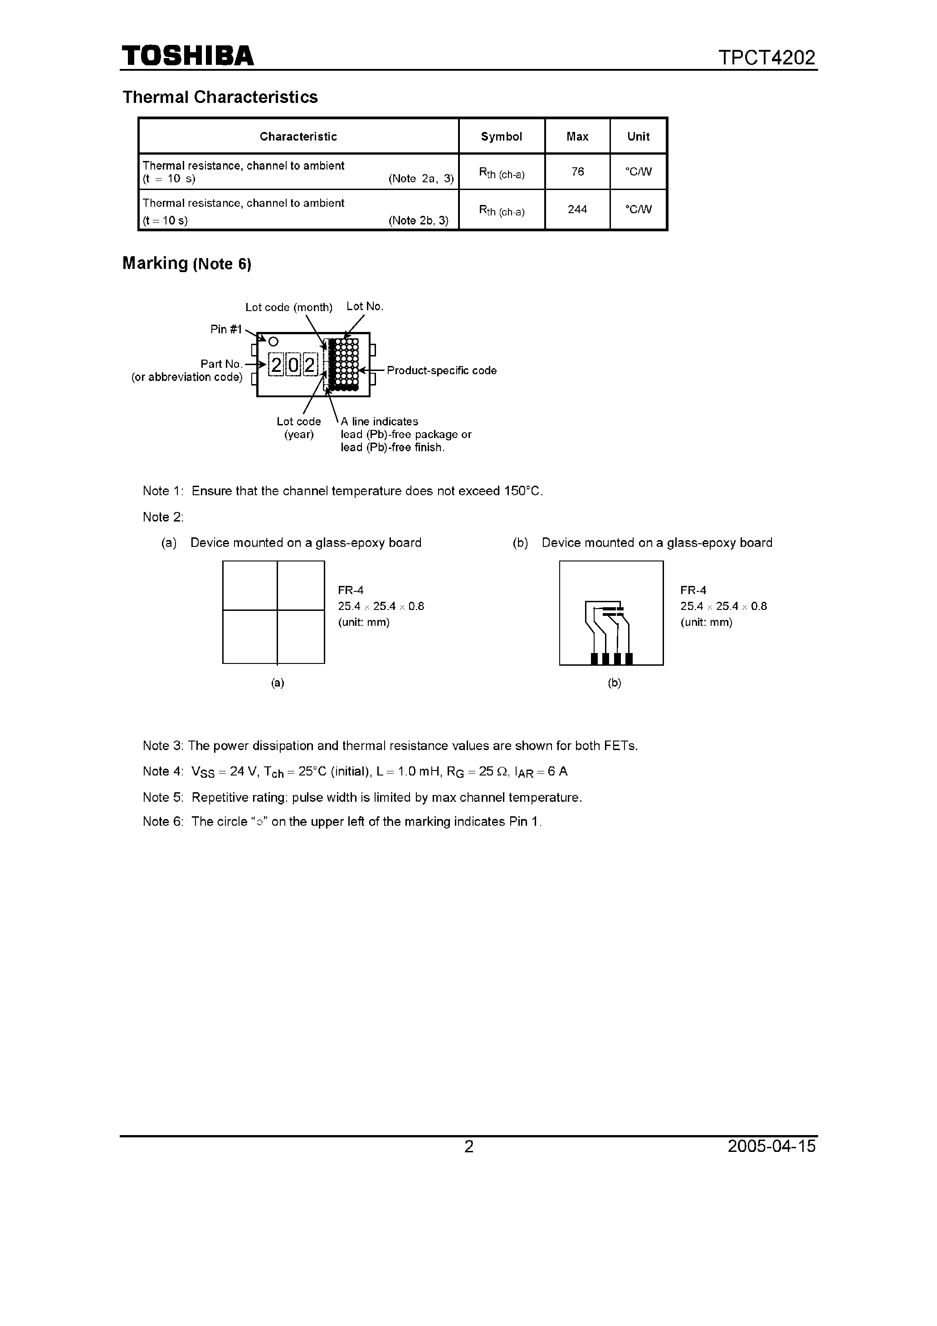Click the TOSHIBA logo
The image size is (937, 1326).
[x=188, y=56]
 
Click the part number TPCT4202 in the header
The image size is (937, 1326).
[x=766, y=58]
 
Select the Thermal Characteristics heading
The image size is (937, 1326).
[x=220, y=97]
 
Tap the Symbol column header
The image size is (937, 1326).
[x=502, y=137]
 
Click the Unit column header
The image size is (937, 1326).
[x=638, y=137]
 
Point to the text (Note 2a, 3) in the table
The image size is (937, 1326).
[x=421, y=179]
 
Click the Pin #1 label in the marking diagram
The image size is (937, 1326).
[x=226, y=329]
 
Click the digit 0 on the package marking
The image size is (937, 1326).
[x=293, y=365]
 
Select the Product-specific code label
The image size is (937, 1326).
[x=441, y=370]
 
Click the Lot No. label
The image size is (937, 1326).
[x=365, y=307]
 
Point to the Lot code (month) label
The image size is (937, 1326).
[x=289, y=307]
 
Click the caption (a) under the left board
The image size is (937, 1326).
[x=278, y=682]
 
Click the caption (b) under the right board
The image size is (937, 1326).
[x=614, y=682]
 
